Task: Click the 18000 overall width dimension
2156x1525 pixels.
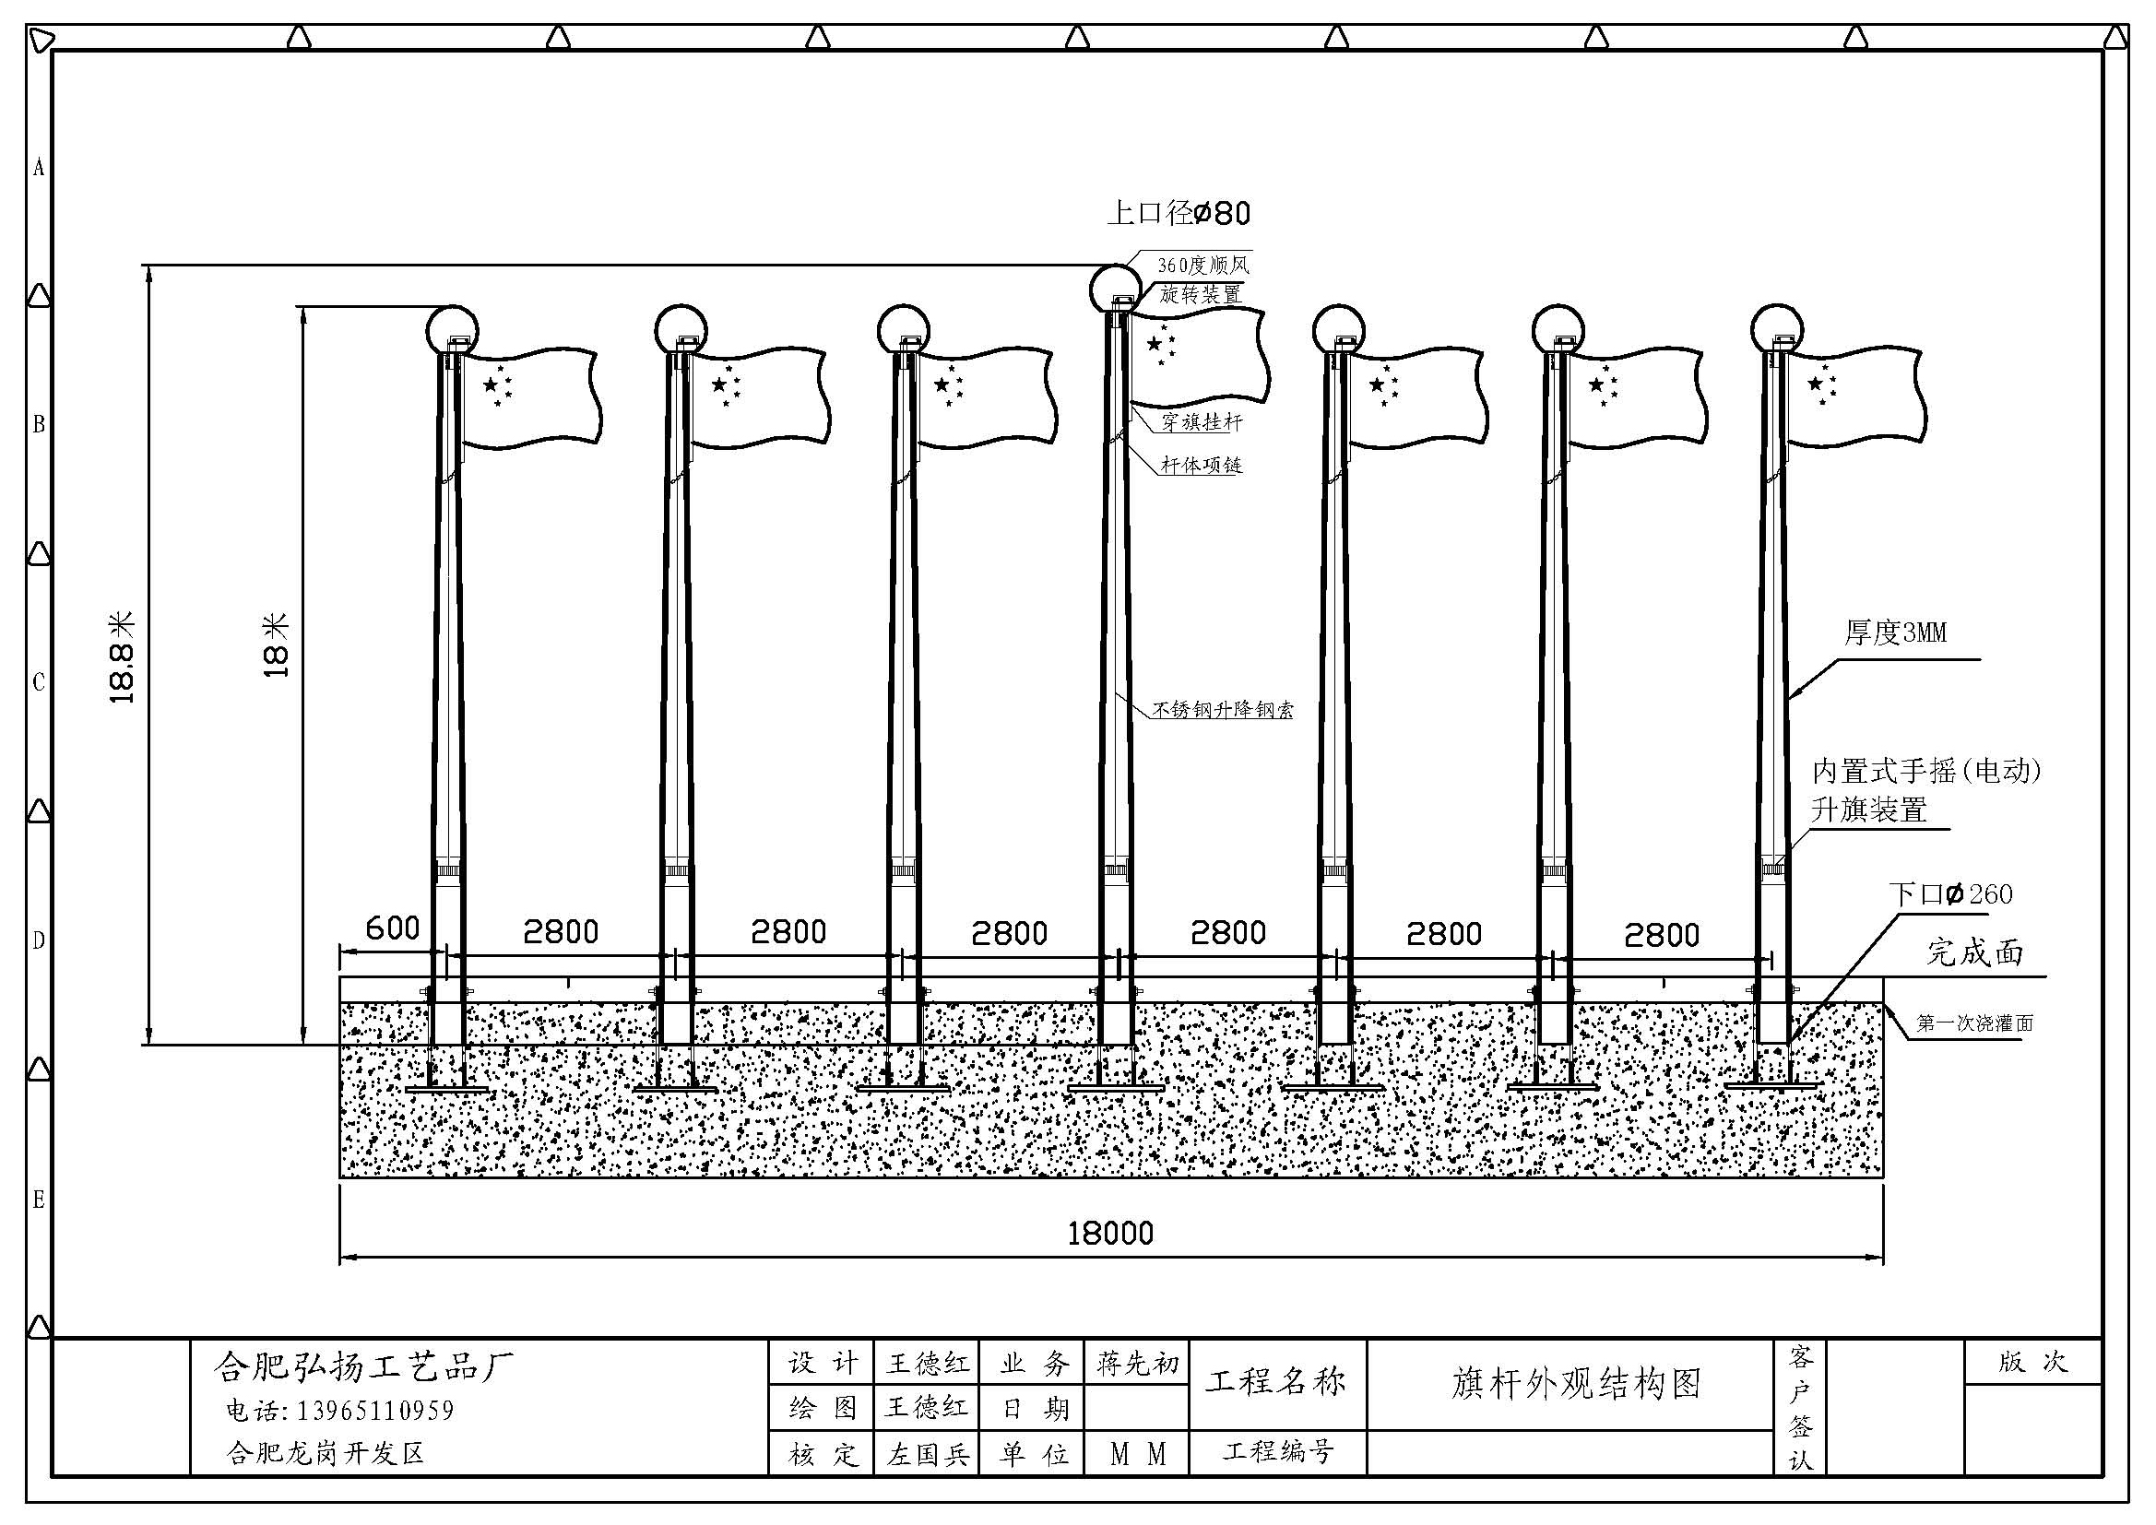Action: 1110,1233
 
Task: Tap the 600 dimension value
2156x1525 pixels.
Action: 392,928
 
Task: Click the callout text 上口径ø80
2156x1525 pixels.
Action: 1179,213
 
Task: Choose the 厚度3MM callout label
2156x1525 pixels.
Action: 1895,632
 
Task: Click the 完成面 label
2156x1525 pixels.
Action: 1974,952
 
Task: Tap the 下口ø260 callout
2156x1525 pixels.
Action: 1950,894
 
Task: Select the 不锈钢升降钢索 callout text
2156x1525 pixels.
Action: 1223,710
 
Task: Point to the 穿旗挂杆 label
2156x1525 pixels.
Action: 1201,422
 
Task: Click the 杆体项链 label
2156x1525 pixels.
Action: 1201,465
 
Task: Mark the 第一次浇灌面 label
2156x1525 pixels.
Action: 1974,1023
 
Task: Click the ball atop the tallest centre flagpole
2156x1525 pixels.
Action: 1116,289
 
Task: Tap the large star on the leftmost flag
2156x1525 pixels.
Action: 491,385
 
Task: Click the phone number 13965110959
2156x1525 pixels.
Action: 375,1411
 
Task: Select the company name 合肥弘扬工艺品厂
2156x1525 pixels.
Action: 364,1367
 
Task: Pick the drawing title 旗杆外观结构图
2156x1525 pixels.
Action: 1577,1384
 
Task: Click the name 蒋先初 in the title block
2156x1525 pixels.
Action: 1137,1364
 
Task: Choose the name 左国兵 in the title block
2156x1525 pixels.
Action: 928,1455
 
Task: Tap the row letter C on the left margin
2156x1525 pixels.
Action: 39,682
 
